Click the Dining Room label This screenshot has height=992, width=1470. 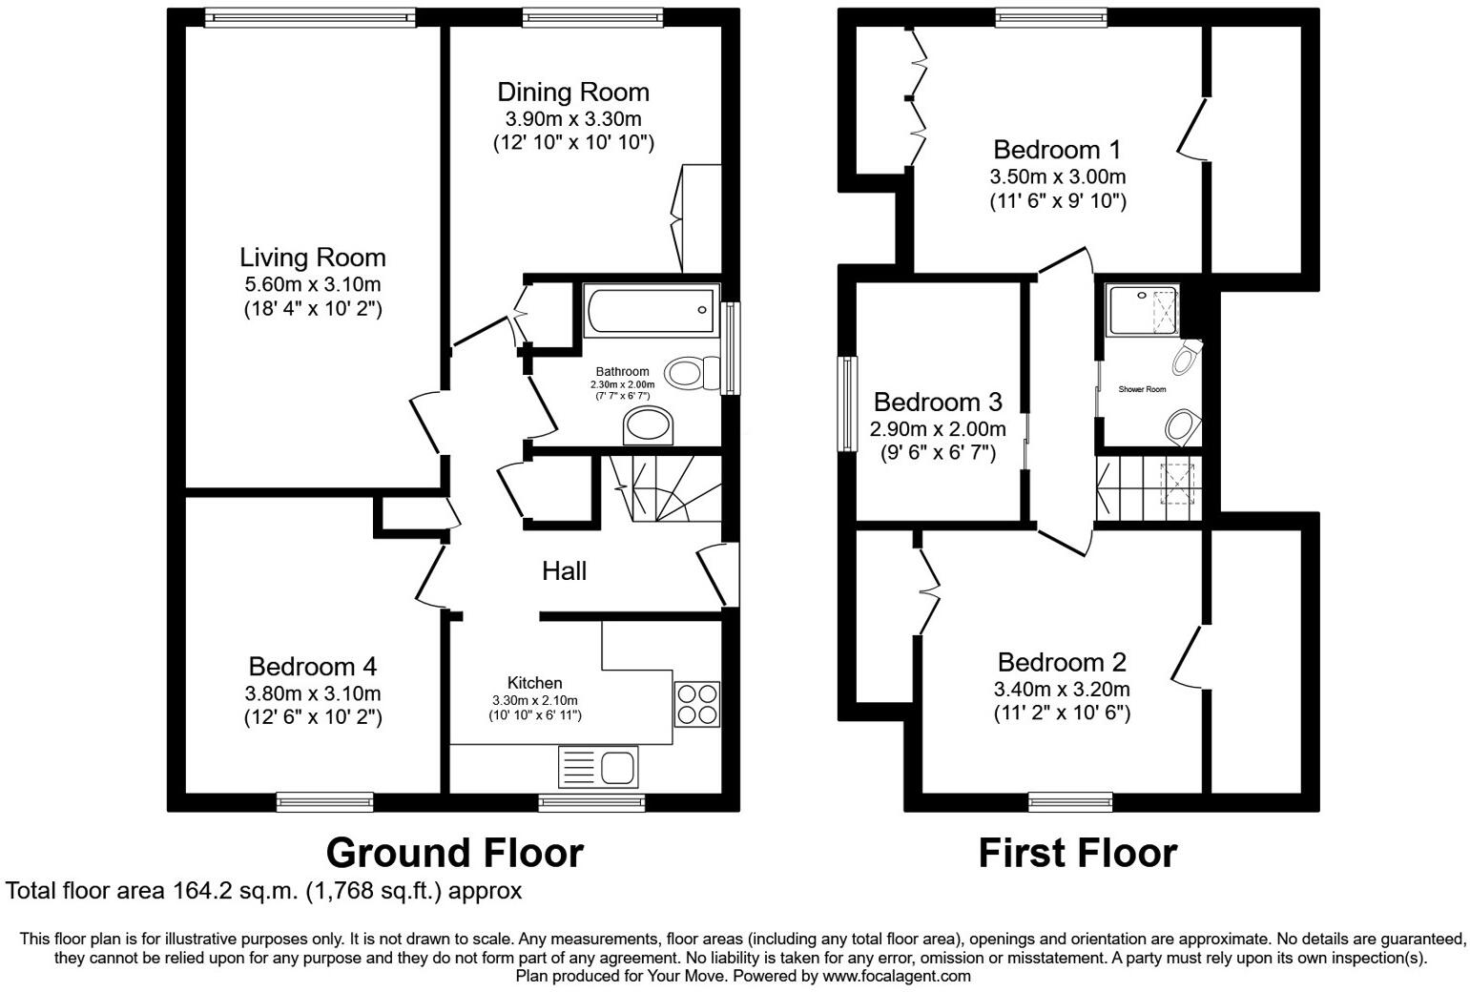coord(573,93)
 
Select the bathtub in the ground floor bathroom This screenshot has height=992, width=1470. coord(652,311)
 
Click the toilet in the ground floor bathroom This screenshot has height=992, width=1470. coord(693,372)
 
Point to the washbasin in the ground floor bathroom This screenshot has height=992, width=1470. coord(648,425)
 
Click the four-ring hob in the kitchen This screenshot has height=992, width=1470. coord(696,704)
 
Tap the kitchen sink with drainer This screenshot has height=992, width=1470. coord(598,766)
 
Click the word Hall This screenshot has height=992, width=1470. coord(564,571)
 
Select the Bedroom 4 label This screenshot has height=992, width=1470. coord(312,666)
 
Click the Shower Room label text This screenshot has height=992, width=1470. coord(1142,389)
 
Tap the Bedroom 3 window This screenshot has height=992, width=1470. coord(846,403)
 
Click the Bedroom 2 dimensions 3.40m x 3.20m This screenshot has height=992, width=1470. coord(1062,689)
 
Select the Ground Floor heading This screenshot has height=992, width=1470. coord(454,852)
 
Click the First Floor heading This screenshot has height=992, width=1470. coord(1077,852)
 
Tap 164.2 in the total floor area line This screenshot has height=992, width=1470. coord(201,891)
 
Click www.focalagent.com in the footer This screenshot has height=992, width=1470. coord(896,976)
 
